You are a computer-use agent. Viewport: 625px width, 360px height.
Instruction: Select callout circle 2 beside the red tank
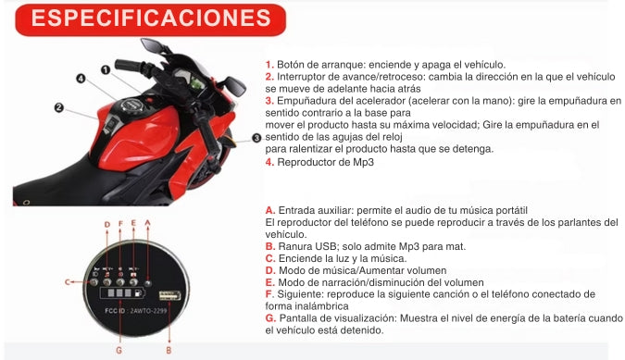[58, 108]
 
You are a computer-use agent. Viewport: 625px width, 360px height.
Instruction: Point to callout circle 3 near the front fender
[256, 138]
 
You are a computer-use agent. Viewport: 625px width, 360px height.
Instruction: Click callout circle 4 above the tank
[81, 80]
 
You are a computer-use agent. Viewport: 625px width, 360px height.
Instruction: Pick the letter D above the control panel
[106, 225]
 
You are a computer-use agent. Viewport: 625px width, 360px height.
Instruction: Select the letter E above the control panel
[134, 223]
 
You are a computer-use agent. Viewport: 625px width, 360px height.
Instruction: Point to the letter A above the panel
[149, 225]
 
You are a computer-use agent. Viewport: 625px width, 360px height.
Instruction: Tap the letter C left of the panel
[68, 279]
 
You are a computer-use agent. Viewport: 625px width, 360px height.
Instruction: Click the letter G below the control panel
[119, 351]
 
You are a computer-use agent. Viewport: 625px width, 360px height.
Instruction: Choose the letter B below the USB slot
[168, 351]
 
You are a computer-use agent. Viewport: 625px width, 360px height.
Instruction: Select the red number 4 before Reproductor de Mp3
[269, 162]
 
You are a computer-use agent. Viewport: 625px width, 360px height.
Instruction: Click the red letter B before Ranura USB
[269, 246]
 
